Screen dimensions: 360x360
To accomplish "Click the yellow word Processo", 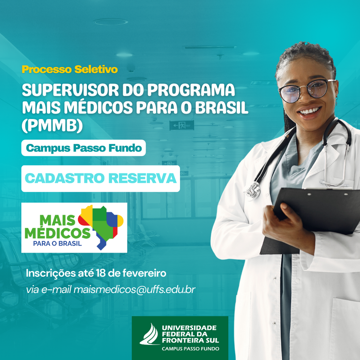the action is pyautogui.click(x=47, y=69).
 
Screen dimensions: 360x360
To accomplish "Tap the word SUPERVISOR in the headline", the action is pyautogui.click(x=70, y=90).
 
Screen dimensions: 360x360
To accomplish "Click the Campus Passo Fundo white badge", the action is pyautogui.click(x=83, y=148).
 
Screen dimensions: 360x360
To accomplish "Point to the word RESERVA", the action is pyautogui.click(x=142, y=178).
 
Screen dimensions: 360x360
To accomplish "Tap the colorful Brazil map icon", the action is pyautogui.click(x=101, y=226).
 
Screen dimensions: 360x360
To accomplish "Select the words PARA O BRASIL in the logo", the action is pyautogui.click(x=57, y=243).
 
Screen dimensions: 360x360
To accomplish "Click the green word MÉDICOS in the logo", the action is pyautogui.click(x=57, y=233).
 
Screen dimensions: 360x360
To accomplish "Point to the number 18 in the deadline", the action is pyautogui.click(x=101, y=273).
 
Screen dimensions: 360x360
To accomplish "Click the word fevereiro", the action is pyautogui.click(x=144, y=273).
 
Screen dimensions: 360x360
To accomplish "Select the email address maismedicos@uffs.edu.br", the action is pyautogui.click(x=135, y=290).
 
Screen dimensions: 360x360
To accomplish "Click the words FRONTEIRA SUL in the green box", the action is pyautogui.click(x=190, y=340).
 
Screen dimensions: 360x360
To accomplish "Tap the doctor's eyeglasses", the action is pyautogui.click(x=307, y=90).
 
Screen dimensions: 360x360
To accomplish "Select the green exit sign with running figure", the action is pyautogui.click(x=181, y=125).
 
